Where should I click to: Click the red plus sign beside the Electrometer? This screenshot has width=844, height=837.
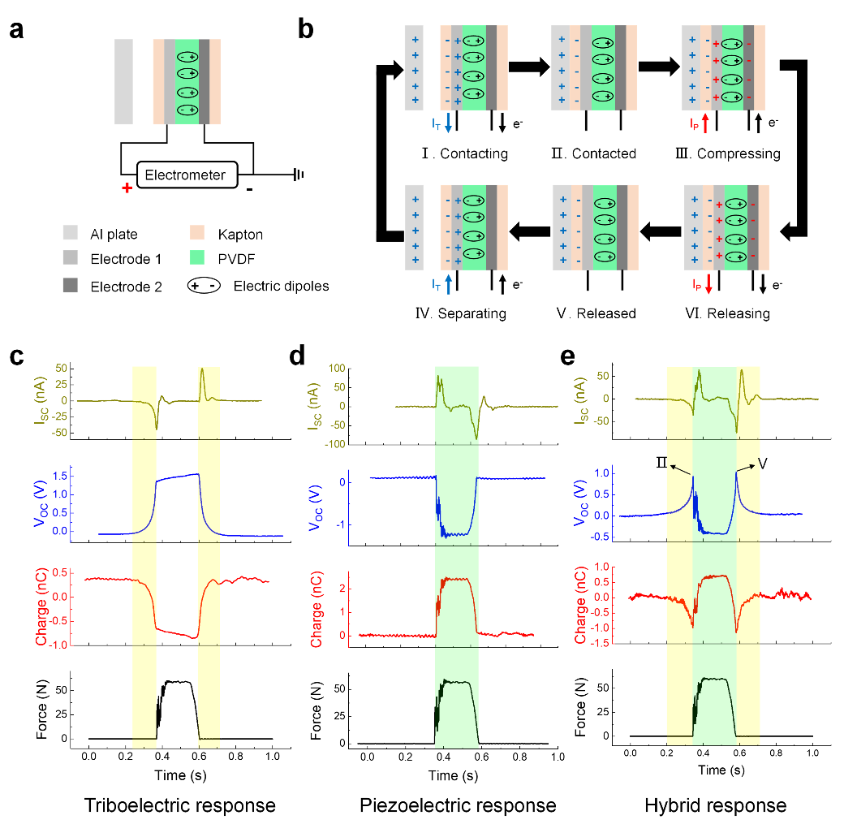tap(127, 188)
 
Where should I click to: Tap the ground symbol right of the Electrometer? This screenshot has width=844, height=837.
tap(298, 175)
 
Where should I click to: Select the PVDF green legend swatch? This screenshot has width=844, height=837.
tap(197, 257)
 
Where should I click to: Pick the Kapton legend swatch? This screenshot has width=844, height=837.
tap(197, 233)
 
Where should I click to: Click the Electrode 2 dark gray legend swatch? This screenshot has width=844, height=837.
tap(70, 285)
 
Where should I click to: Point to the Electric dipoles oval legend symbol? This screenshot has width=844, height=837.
tap(204, 286)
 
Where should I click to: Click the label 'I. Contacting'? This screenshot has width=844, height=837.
tap(464, 153)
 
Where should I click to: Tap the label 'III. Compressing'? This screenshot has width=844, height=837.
tap(728, 153)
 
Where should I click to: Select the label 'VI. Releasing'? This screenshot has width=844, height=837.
tap(727, 313)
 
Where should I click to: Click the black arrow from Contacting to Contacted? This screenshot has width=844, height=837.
tap(529, 67)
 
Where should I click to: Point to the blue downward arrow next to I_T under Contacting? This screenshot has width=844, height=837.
tap(448, 123)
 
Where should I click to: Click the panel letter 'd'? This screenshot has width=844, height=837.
tap(297, 356)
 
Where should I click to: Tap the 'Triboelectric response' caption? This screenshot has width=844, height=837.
tap(180, 805)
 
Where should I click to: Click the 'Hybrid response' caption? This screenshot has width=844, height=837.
tap(715, 805)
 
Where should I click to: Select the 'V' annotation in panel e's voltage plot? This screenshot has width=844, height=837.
tap(762, 464)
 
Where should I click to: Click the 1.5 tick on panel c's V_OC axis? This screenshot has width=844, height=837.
tap(60, 476)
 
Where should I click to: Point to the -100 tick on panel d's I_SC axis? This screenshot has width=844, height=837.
tap(335, 444)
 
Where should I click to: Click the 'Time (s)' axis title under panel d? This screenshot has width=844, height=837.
tap(453, 775)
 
